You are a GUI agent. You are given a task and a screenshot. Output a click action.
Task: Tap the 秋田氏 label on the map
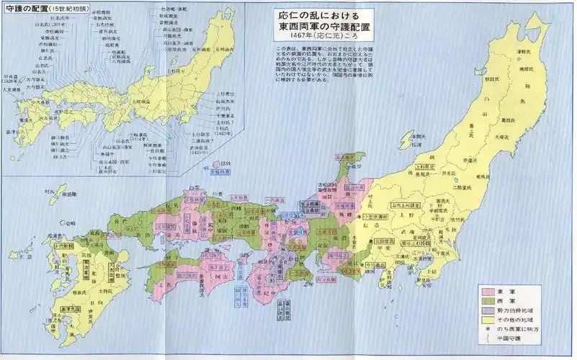pyautogui.click(x=492, y=76)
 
